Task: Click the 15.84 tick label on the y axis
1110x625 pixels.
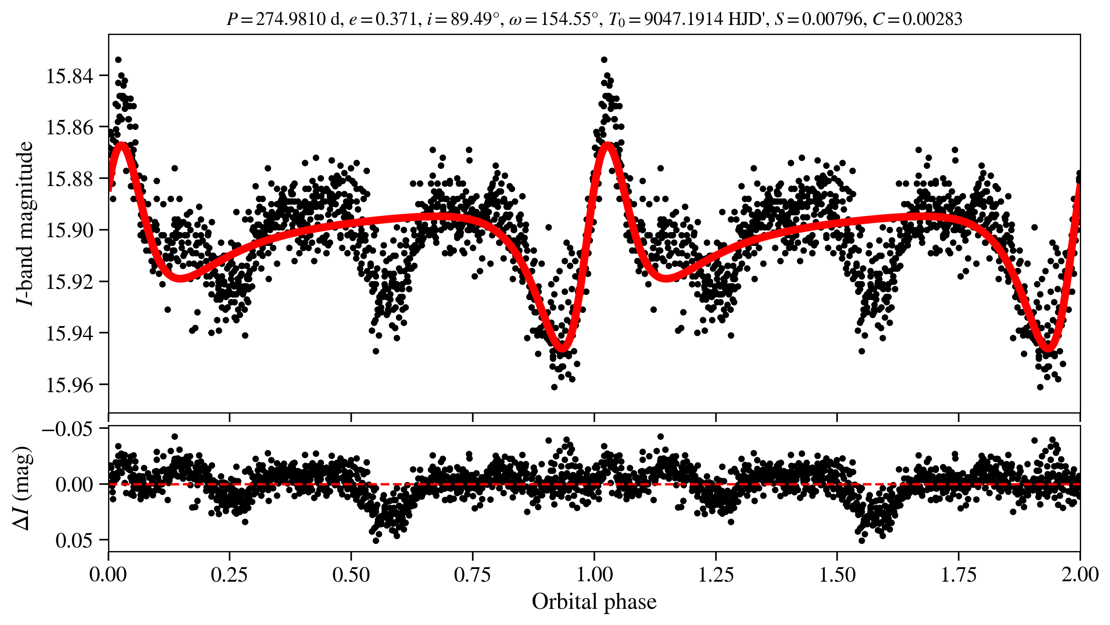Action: click(70, 76)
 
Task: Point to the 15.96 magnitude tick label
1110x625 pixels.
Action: click(70, 385)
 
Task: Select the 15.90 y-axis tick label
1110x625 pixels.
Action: click(70, 230)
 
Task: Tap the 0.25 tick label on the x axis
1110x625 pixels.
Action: click(229, 575)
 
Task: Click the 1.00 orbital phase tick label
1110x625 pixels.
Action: click(594, 575)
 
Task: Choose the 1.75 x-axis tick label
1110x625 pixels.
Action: click(958, 575)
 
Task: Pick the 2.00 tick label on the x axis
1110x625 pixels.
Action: click(1079, 575)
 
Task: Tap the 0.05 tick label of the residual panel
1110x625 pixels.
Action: click(74, 541)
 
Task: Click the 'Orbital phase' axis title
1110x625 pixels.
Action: click(594, 602)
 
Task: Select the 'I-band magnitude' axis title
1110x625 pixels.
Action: click(25, 223)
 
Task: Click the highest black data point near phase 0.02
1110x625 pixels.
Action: click(118, 60)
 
